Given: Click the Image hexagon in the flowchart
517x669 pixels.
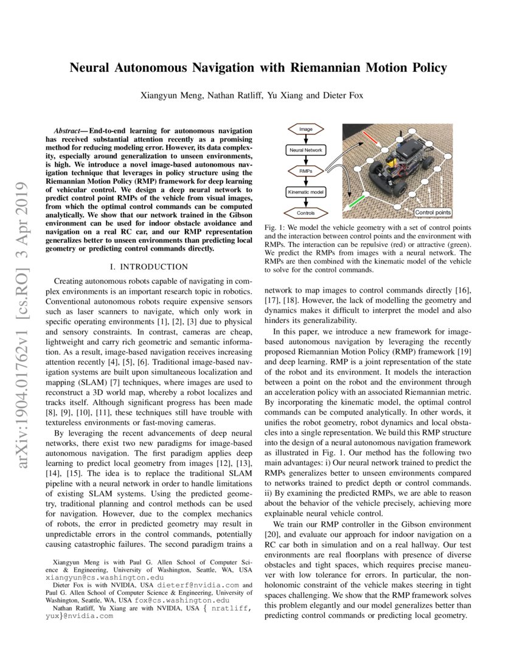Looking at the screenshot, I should click(x=306, y=130).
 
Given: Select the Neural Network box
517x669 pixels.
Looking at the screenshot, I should click(x=306, y=150).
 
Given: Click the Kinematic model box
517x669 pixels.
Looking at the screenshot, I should click(x=306, y=192).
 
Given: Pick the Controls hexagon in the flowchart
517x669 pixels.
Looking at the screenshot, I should click(x=306, y=213).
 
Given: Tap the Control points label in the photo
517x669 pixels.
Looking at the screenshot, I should click(x=433, y=212).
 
